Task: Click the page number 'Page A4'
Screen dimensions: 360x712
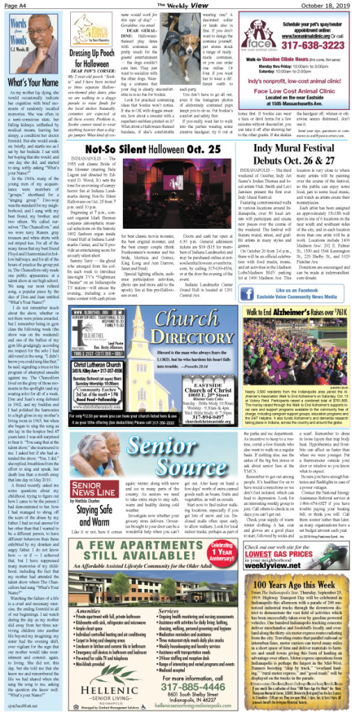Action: (x=17, y=6)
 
